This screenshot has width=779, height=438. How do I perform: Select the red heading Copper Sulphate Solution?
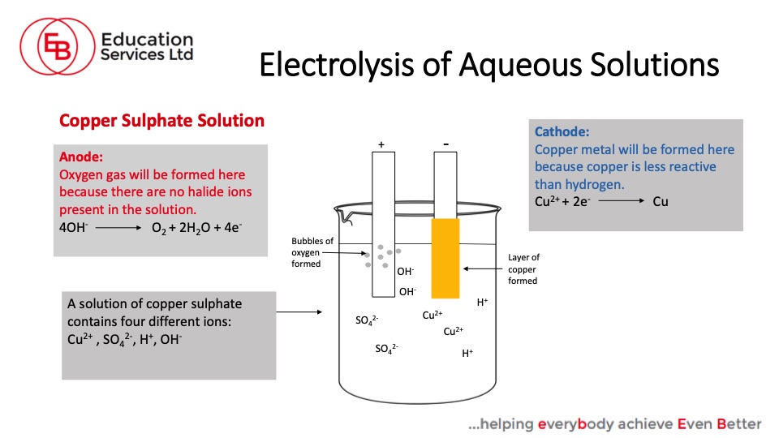162,121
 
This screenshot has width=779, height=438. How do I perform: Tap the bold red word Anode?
81,157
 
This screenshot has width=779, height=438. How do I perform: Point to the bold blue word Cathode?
562,131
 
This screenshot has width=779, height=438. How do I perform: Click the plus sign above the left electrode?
381,144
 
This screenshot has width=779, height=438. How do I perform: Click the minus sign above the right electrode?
446,144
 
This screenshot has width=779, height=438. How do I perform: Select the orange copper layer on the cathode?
445,257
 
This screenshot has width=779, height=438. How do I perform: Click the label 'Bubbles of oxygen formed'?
312,252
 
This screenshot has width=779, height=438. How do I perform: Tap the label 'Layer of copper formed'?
523,269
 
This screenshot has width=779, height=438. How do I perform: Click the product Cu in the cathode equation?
661,200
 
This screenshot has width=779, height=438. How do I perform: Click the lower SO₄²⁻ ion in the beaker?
386,349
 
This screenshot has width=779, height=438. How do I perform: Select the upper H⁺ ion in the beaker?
482,303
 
